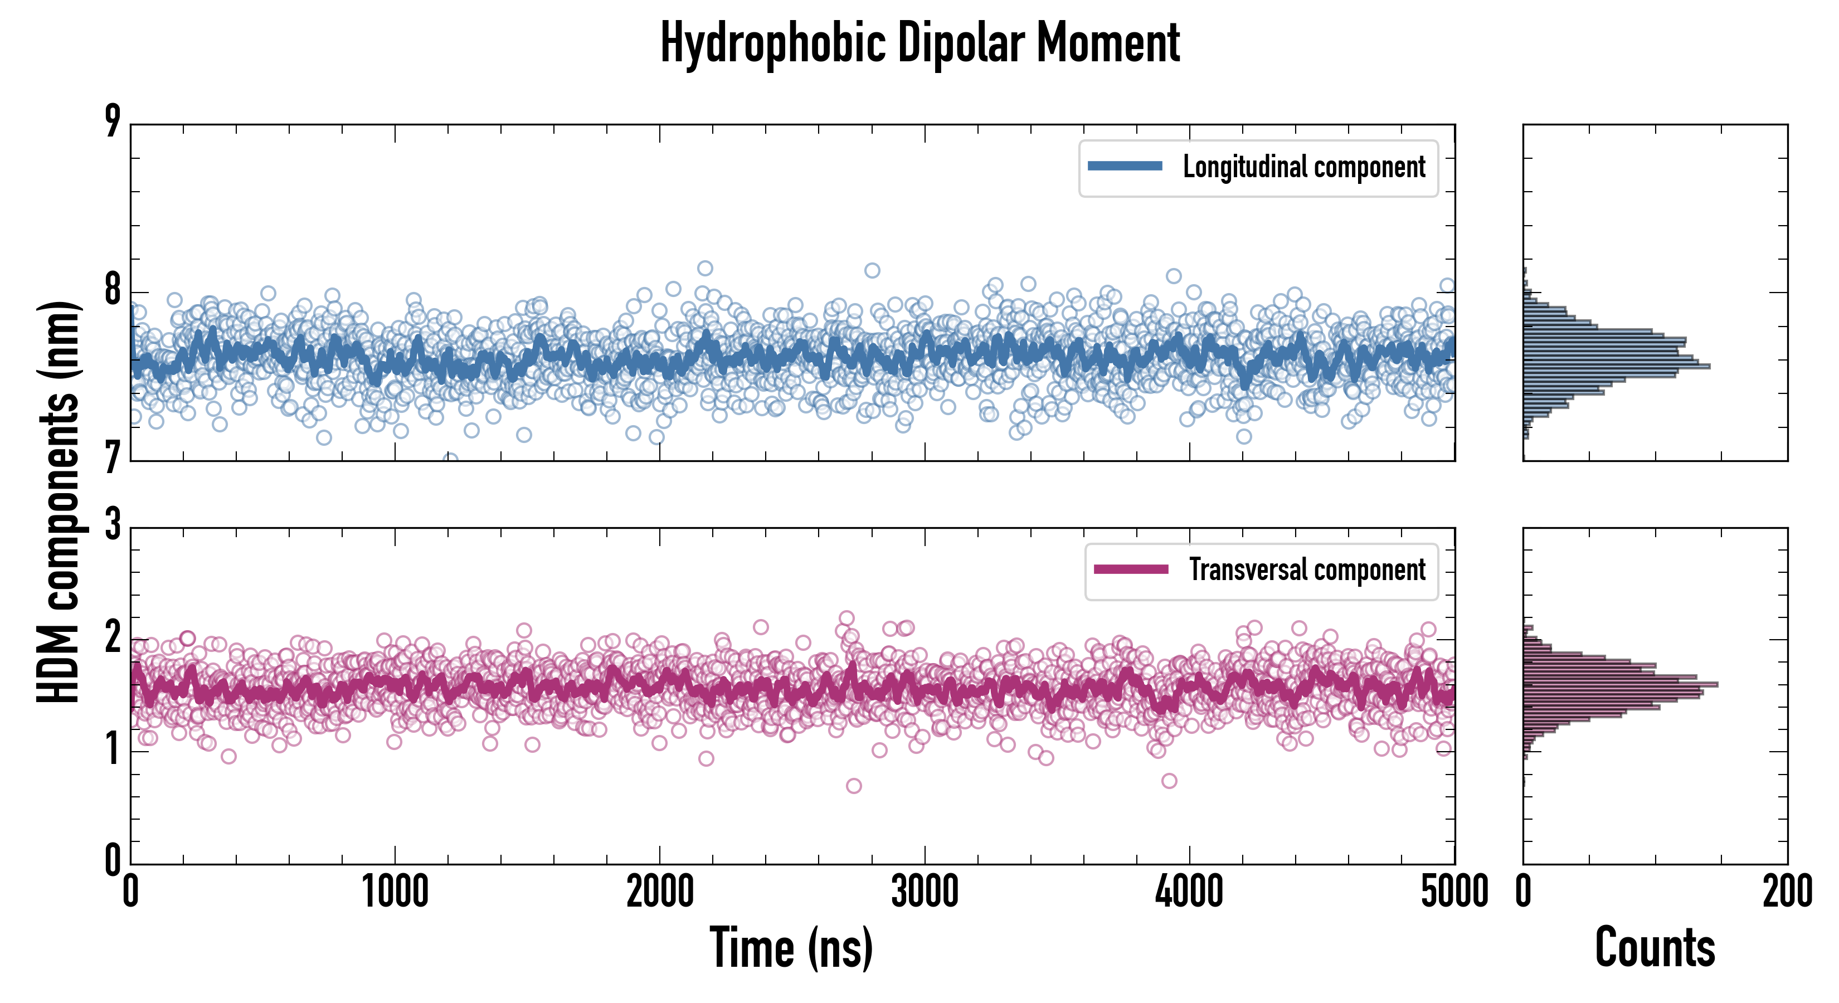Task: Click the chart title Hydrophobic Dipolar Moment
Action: click(919, 43)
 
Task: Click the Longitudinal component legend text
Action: click(1303, 167)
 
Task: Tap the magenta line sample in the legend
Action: click(1131, 569)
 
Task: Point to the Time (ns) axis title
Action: click(791, 947)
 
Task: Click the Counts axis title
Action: click(1655, 947)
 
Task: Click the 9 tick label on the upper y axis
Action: click(113, 121)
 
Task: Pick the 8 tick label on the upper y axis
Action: click(113, 290)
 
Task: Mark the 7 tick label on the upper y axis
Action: click(113, 457)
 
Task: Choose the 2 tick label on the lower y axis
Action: click(113, 637)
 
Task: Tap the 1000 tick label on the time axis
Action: click(395, 892)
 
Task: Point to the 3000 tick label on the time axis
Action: click(925, 892)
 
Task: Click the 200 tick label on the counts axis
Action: click(1787, 892)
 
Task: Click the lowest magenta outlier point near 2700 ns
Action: click(853, 786)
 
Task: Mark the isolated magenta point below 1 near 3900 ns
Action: click(1169, 781)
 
